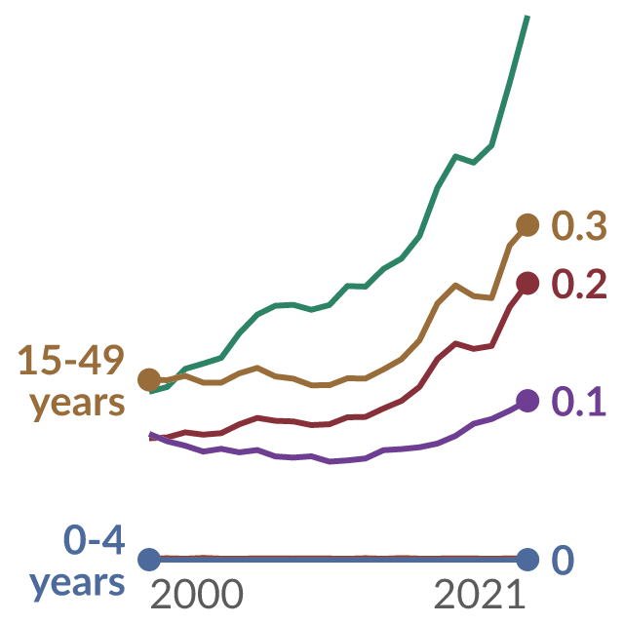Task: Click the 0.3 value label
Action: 579,225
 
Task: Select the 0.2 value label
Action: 579,284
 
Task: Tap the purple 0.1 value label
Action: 579,402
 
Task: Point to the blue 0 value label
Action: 563,560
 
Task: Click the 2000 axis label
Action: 197,594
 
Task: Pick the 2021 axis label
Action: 479,594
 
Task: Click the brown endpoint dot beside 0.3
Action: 527,225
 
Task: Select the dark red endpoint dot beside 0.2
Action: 527,284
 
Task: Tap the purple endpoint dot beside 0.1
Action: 527,401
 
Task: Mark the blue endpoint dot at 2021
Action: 527,560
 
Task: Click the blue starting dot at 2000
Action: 149,560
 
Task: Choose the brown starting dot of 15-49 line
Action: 149,379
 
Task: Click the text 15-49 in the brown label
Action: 71,361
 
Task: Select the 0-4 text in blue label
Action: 95,540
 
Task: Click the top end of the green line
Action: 527,16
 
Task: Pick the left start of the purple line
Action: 150,434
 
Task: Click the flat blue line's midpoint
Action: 338,560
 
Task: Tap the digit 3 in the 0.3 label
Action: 596,225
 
